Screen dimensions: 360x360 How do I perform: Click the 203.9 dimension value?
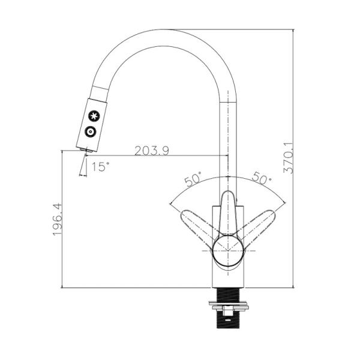(151, 151)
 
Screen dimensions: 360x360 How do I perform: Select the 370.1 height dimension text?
(288, 158)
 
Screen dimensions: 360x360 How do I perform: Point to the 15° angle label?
(100, 167)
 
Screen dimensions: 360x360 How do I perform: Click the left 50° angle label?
(193, 178)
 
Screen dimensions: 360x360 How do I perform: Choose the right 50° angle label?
(262, 178)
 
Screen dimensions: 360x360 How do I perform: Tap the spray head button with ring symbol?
(90, 132)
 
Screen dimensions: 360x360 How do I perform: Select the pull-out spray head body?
(92, 124)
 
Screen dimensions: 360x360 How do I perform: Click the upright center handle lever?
(228, 213)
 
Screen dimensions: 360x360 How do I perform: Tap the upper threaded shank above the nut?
(228, 295)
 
